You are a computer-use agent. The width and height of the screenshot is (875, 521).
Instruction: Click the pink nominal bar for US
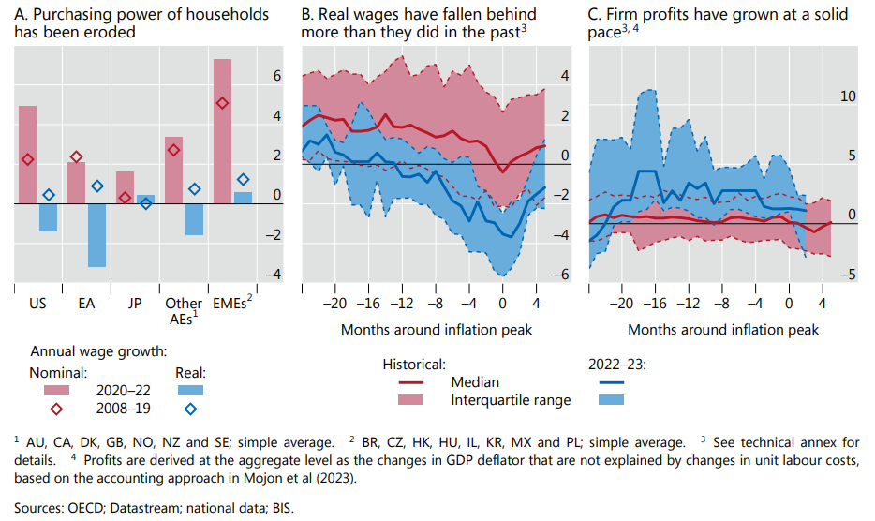tap(27, 154)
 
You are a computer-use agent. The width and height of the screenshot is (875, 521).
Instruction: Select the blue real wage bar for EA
tap(96, 234)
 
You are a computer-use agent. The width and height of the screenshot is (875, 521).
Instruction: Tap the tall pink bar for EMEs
tap(222, 131)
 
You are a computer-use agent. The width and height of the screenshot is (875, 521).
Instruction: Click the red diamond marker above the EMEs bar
tap(222, 104)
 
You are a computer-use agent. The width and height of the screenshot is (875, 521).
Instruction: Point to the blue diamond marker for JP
tap(146, 202)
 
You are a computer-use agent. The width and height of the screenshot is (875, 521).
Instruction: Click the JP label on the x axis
tap(135, 304)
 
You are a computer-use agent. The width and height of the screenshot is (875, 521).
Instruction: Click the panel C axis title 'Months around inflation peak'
tap(723, 330)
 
